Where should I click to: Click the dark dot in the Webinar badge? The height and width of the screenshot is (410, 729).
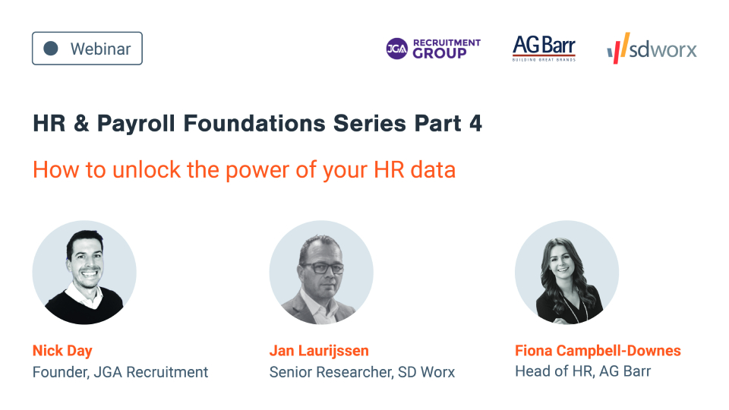[51, 49]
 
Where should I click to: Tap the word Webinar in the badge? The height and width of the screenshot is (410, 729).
[100, 49]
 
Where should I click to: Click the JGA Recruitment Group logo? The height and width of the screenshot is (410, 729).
[433, 49]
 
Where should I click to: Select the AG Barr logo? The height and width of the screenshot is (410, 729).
[544, 48]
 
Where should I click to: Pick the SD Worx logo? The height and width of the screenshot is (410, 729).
[652, 49]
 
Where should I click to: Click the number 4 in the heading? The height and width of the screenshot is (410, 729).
[475, 124]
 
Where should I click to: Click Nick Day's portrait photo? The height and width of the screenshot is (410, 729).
[84, 273]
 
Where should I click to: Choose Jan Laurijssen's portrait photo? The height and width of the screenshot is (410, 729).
[321, 273]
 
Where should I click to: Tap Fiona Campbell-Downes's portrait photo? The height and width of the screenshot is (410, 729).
[566, 273]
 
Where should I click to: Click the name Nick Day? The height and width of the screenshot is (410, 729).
[62, 350]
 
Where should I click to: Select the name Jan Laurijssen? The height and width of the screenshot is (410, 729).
[319, 350]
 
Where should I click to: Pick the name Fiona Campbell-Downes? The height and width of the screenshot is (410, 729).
[598, 350]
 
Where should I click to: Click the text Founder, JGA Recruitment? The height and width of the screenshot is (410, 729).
[120, 372]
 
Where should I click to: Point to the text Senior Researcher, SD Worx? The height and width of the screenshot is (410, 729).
[361, 372]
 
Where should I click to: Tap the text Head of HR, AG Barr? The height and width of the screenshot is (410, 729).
[582, 372]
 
